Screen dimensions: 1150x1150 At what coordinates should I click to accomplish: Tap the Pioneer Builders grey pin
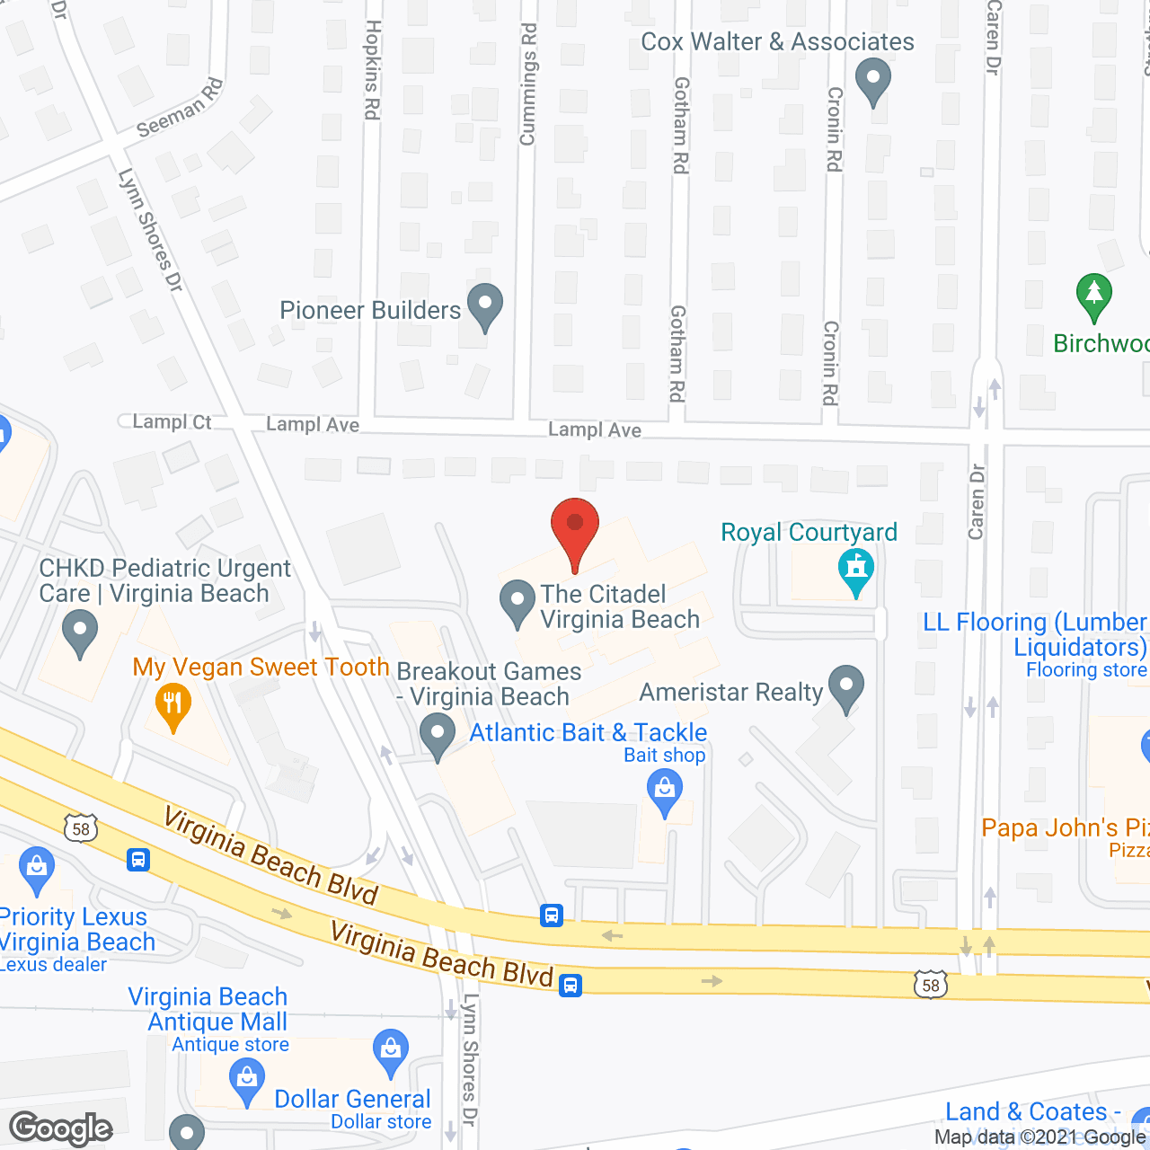pos(485,305)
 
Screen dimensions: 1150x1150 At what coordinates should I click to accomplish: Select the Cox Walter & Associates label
pos(777,41)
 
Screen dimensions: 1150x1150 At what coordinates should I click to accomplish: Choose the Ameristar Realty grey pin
pos(845,687)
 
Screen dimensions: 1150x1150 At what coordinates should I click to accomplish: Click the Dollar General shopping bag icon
pos(391,1052)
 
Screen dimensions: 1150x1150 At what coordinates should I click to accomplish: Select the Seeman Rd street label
pos(180,108)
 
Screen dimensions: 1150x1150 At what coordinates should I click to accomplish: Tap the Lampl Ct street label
pos(172,421)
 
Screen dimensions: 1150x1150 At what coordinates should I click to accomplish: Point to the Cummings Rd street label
pos(528,84)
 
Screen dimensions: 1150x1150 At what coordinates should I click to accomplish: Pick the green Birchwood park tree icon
pos(1093,295)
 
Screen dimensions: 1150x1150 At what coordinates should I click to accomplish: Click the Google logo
pos(61,1128)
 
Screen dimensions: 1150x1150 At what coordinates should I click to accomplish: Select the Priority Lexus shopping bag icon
pos(36,869)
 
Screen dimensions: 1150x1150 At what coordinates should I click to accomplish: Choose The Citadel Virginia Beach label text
pos(619,606)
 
